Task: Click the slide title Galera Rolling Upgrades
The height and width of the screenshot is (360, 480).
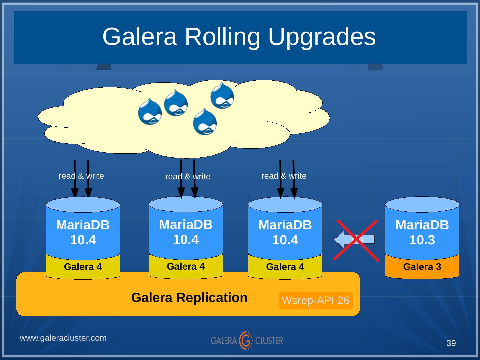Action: pyautogui.click(x=239, y=36)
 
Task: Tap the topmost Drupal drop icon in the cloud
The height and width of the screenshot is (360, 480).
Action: pyautogui.click(x=222, y=96)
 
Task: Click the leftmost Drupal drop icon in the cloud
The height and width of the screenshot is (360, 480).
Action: pyautogui.click(x=150, y=111)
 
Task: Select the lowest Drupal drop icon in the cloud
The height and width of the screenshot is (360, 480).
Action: pyautogui.click(x=205, y=122)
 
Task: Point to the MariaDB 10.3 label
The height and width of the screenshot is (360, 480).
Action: pyautogui.click(x=422, y=232)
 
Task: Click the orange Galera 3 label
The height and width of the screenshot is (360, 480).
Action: pyautogui.click(x=422, y=267)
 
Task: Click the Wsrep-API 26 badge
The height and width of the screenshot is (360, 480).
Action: pyautogui.click(x=315, y=300)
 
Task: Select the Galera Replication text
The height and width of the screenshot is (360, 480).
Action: pyautogui.click(x=189, y=297)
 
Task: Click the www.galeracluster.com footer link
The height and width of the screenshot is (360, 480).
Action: pyautogui.click(x=63, y=338)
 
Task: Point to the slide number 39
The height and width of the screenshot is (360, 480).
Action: pyautogui.click(x=451, y=343)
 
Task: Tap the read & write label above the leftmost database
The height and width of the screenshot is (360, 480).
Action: pyautogui.click(x=81, y=176)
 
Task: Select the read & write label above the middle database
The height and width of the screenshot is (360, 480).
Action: pyautogui.click(x=188, y=176)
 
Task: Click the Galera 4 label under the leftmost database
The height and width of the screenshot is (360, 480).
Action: pyautogui.click(x=83, y=267)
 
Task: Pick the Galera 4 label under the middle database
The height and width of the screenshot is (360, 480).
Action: pyautogui.click(x=186, y=267)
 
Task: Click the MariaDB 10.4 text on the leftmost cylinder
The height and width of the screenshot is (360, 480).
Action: pyautogui.click(x=83, y=232)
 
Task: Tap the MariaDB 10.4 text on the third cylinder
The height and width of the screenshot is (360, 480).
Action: pyautogui.click(x=285, y=232)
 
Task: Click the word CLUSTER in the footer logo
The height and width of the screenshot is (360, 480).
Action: pyautogui.click(x=269, y=341)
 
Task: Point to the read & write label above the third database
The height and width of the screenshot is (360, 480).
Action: pyautogui.click(x=284, y=176)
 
